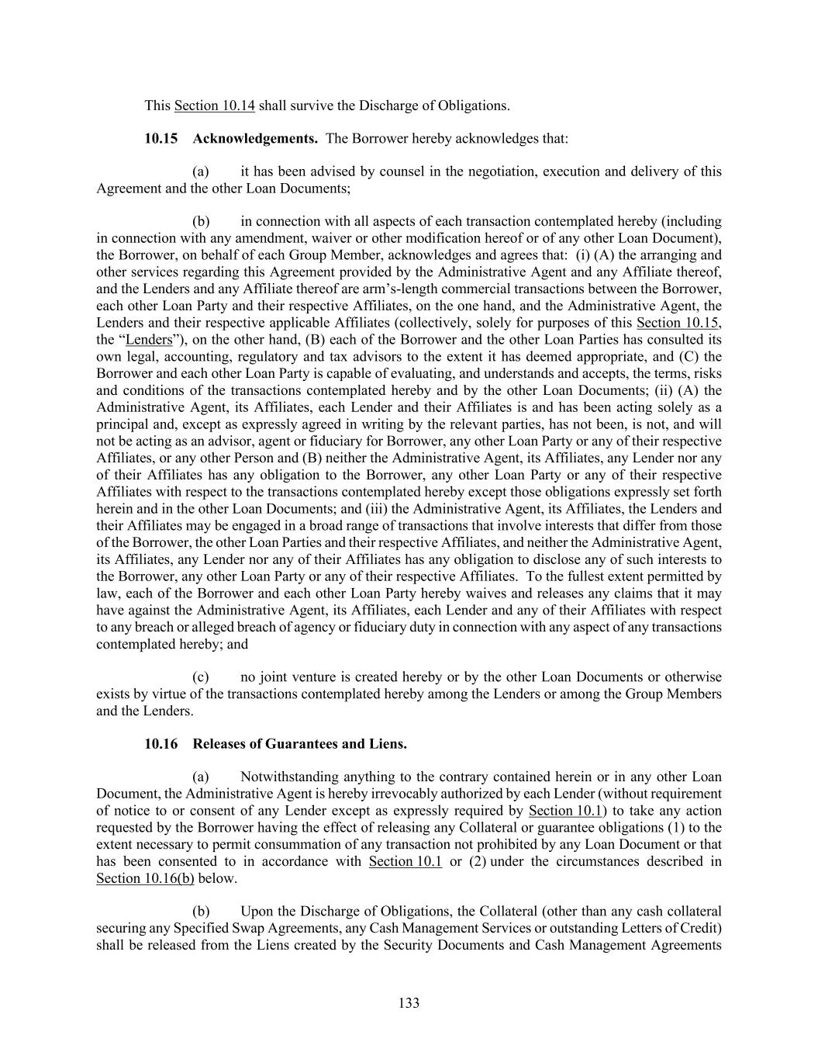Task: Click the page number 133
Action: (409, 1003)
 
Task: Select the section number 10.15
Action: (160, 139)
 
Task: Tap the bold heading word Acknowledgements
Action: (255, 139)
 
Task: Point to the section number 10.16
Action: (160, 744)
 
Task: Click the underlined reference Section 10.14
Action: (215, 106)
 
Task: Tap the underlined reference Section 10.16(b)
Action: (145, 878)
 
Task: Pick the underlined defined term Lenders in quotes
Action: (149, 340)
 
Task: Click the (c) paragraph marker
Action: (201, 677)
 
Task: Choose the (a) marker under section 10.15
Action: (201, 171)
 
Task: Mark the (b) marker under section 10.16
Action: (201, 912)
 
